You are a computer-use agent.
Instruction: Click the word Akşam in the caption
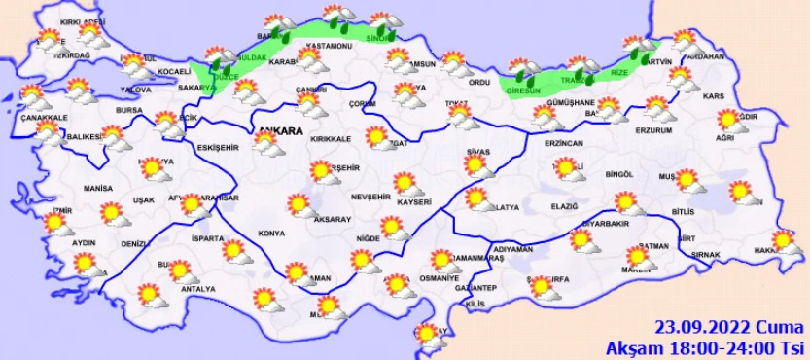pos(631,347)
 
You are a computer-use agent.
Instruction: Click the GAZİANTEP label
pos(475,288)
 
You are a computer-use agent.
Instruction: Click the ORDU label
pos(478,82)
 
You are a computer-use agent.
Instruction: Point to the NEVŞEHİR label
pos(370,197)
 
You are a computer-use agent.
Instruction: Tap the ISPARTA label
pos(208,238)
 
